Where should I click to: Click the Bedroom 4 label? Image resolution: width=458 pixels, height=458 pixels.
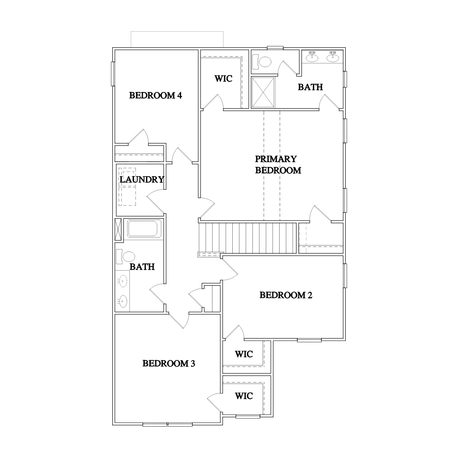coord(155,96)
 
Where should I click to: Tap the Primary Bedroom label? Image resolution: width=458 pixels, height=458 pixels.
coord(278,164)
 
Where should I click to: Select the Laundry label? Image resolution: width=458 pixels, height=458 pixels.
coord(142,180)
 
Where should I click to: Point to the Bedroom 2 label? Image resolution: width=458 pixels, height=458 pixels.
coord(286,295)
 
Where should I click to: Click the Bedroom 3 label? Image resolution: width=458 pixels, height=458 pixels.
coord(168,363)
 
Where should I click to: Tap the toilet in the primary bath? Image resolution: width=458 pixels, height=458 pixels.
coord(262,62)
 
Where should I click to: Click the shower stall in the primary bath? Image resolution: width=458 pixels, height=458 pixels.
coord(263,92)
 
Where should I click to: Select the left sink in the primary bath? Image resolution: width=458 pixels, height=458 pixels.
coord(312,57)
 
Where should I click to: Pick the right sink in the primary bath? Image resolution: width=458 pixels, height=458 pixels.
coord(332,57)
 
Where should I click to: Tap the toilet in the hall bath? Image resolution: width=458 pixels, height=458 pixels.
coord(125,256)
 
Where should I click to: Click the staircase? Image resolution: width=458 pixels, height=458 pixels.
coord(247,238)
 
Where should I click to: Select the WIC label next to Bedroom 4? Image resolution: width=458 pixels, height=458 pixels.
coord(223,79)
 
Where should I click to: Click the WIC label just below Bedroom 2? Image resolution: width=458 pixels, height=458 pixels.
coord(244,354)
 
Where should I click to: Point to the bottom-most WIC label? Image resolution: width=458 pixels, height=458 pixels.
coord(244,396)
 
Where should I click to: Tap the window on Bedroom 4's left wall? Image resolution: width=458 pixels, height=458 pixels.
coord(113,74)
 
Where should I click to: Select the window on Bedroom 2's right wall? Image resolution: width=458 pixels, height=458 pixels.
coord(345,276)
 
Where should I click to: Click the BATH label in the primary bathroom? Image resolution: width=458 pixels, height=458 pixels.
coord(310,87)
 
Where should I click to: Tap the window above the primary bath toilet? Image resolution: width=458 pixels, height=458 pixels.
coord(275,48)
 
